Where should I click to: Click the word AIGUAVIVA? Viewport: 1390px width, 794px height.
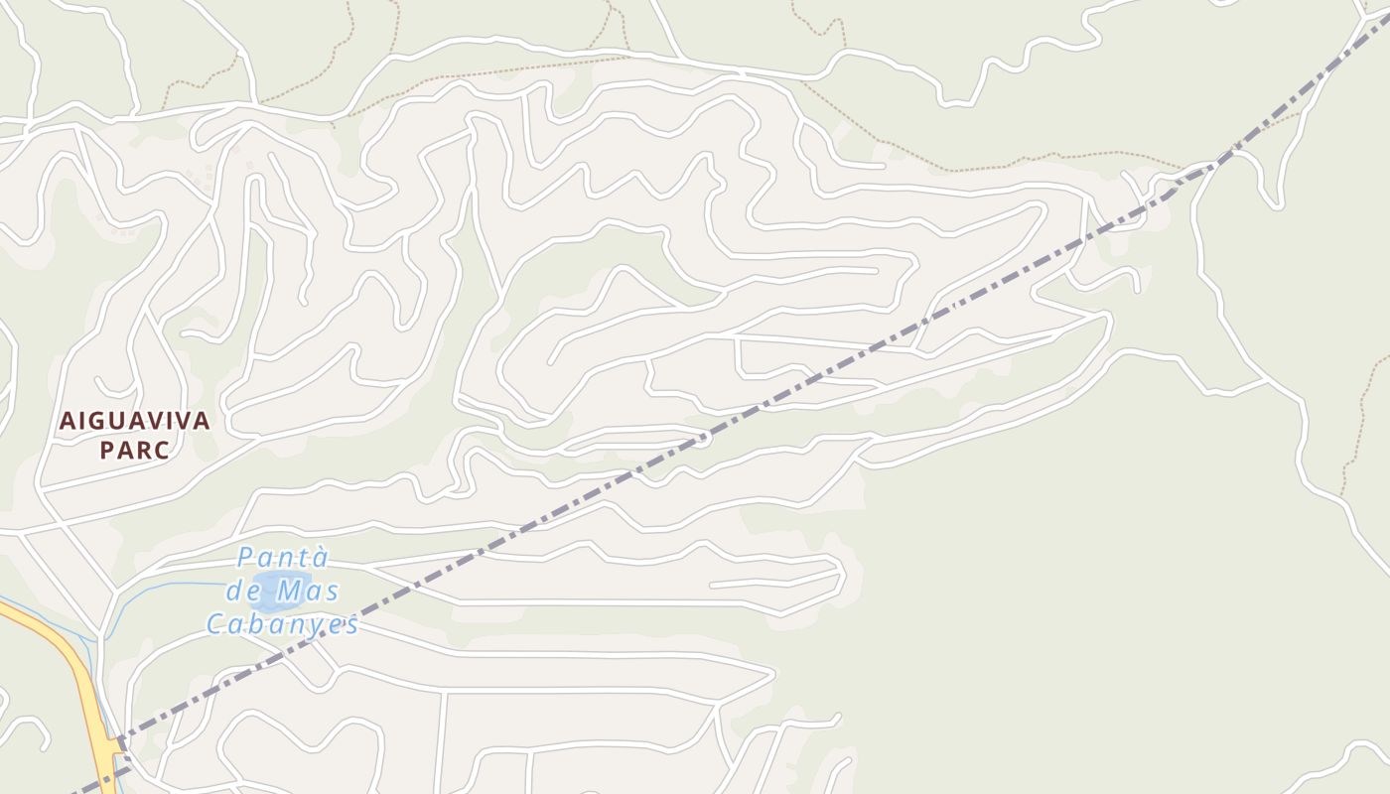click(134, 421)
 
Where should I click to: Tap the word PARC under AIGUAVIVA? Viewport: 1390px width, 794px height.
click(134, 450)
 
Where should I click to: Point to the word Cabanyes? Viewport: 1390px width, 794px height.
click(282, 624)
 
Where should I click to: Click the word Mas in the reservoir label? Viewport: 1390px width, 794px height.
click(307, 592)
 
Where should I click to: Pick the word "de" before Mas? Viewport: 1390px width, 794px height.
click(243, 592)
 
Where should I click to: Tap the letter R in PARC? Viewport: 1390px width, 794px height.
click(142, 450)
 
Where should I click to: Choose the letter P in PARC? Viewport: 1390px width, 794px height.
click(106, 450)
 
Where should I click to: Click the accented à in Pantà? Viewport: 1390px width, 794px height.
click(319, 558)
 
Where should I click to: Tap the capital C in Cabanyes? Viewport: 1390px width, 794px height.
click(215, 624)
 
